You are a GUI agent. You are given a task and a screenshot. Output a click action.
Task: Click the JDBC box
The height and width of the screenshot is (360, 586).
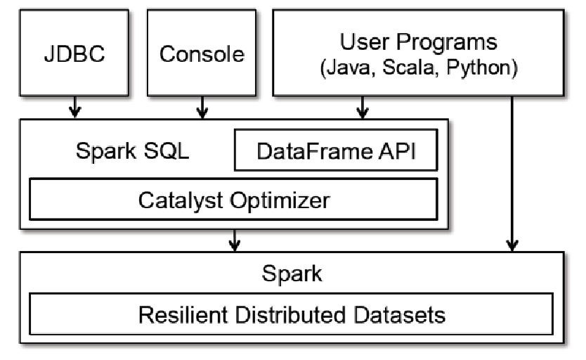tap(75, 54)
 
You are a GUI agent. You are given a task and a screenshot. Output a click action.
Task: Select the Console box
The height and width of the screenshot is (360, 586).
tap(202, 54)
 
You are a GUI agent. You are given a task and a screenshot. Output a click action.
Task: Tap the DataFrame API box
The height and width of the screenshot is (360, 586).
tap(336, 152)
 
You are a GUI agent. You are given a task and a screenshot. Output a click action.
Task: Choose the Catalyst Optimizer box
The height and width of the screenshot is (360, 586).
tap(233, 200)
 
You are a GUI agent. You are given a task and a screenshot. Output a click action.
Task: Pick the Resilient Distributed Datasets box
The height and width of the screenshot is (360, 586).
tap(292, 314)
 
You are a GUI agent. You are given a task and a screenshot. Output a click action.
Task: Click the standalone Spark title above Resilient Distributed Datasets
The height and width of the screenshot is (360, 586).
tap(292, 273)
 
